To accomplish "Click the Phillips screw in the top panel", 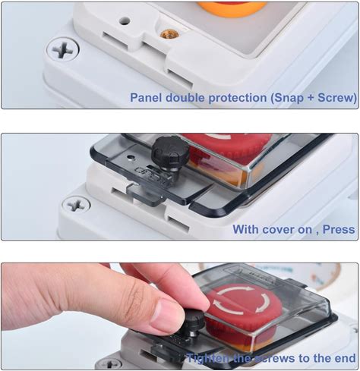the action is coord(63,49).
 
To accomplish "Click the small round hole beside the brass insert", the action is coord(125,21).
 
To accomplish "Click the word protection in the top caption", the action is coord(238,99).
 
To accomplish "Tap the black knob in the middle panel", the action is coord(171,150).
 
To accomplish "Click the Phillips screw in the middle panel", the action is coord(76,204).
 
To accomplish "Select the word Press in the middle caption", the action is coord(339,230).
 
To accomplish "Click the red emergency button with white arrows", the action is coord(244,307).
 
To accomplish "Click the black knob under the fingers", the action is coord(194,323).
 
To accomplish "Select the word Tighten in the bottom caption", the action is coord(207,359).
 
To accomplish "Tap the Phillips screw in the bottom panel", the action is coord(110,364).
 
